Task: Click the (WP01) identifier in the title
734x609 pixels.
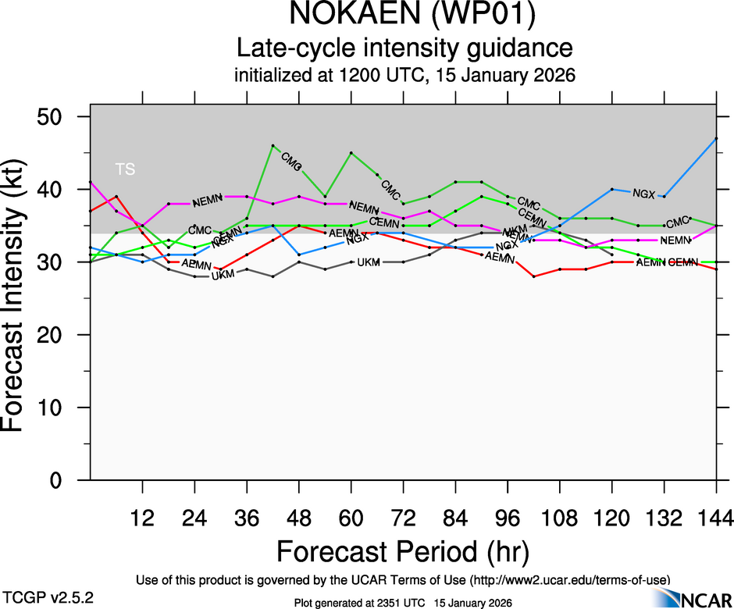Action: pyautogui.click(x=475, y=15)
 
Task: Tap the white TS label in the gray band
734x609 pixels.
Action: pyautogui.click(x=125, y=169)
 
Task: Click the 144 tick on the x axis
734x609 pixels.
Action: pyautogui.click(x=715, y=518)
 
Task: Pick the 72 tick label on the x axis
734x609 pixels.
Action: pyautogui.click(x=403, y=518)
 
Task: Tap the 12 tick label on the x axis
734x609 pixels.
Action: pyautogui.click(x=142, y=518)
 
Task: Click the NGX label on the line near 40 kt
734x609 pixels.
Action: pyautogui.click(x=643, y=194)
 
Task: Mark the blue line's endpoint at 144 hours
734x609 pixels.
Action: pyautogui.click(x=716, y=138)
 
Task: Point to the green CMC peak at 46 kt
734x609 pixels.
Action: pyautogui.click(x=273, y=145)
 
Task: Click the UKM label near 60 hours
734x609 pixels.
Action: pyautogui.click(x=368, y=262)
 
